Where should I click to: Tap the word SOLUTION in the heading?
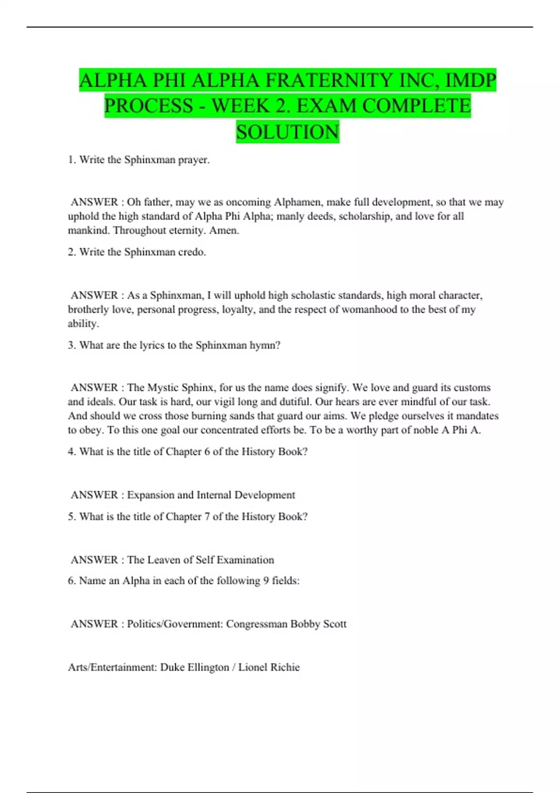coord(287,132)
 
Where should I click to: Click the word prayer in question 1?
coord(194,160)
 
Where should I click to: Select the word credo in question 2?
coord(192,252)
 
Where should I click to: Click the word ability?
coord(83,323)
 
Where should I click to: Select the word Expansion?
coord(150,495)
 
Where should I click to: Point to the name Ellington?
coord(208,668)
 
